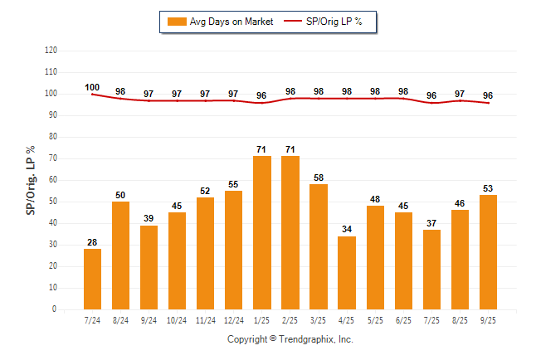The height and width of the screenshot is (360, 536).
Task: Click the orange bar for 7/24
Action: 93,279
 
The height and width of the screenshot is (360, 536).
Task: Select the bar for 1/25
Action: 262,232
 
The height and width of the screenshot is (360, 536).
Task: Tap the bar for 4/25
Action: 347,273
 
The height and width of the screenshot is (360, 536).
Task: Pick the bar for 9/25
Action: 489,252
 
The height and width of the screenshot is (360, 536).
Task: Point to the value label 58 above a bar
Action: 319,178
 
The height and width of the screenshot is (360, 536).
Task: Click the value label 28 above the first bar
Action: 93,242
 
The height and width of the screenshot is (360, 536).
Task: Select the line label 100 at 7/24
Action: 92,87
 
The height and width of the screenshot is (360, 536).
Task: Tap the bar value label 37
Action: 432,223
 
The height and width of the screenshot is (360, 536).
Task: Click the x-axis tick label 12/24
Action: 234,319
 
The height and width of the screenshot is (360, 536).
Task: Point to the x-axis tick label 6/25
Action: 404,319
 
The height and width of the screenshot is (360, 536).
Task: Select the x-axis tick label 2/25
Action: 290,319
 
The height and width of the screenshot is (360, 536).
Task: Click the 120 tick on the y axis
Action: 51,50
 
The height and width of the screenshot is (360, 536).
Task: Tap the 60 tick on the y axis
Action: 53,179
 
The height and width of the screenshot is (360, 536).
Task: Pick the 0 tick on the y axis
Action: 55,309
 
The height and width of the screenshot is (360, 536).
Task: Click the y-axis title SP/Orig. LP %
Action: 31,179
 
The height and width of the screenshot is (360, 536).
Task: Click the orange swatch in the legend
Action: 177,22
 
